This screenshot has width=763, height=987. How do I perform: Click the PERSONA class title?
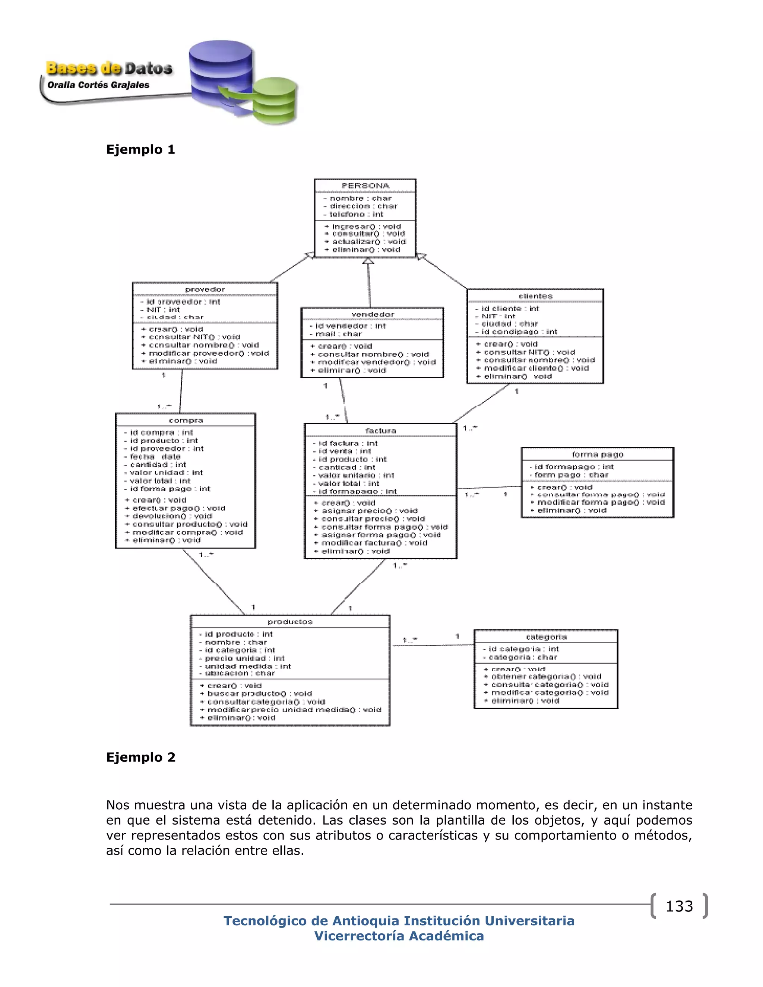point(365,186)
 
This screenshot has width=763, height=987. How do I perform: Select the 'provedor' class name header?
point(205,289)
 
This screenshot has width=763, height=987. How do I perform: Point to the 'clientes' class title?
point(535,296)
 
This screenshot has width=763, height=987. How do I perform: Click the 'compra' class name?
point(186,420)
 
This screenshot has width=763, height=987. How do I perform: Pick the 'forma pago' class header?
point(597,455)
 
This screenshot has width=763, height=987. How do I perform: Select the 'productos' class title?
point(290,622)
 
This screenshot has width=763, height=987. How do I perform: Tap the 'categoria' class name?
point(546,637)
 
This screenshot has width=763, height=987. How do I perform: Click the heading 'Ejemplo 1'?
point(140,150)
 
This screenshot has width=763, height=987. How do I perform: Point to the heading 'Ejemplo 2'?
point(140,757)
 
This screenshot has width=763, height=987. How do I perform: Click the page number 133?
point(679,906)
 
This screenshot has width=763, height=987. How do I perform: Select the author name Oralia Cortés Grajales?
point(98,85)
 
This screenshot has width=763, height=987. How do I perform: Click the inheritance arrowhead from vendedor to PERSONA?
point(368,261)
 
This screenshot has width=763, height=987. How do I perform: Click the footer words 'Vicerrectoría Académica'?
point(399,936)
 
